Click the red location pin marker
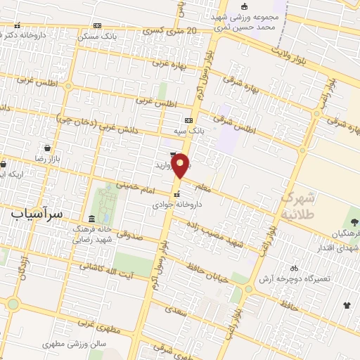181,165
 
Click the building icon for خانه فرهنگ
93,218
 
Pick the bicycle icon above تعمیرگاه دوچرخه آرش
294,268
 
